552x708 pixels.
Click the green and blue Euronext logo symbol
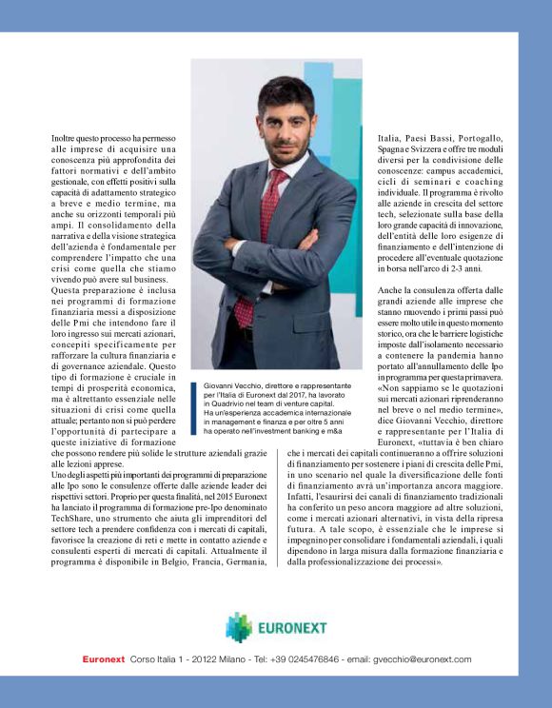pyautogui.click(x=240, y=627)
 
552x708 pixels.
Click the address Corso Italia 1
pyautogui.click(x=158, y=659)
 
